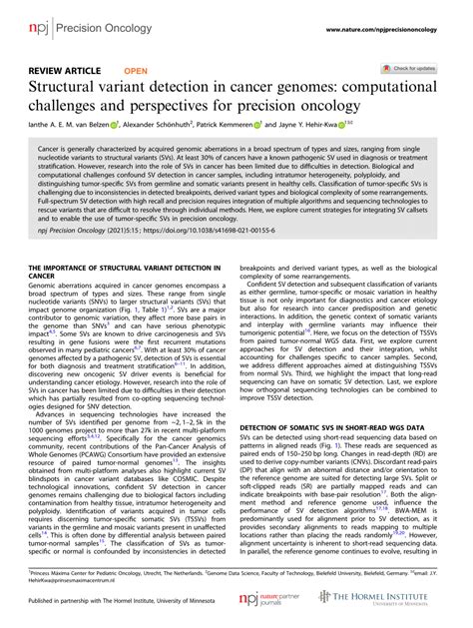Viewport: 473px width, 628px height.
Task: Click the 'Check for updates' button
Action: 410,68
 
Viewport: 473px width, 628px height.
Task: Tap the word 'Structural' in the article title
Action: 69,90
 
